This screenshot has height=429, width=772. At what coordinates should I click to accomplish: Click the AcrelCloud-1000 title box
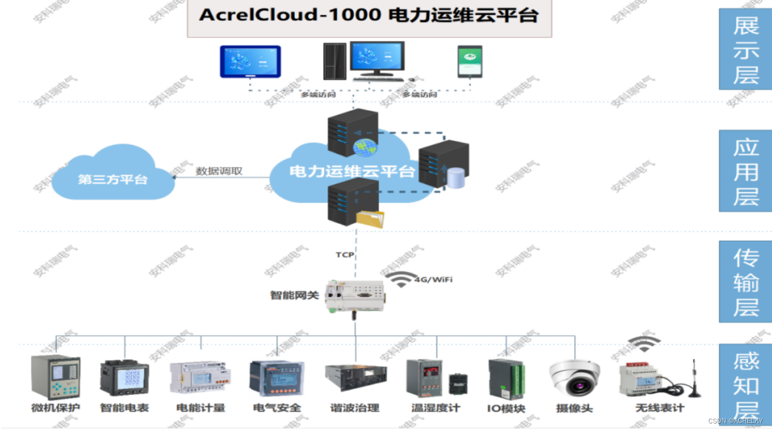click(369, 17)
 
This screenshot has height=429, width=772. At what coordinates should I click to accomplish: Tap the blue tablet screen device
click(250, 61)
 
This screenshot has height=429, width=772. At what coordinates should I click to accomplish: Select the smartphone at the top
click(470, 61)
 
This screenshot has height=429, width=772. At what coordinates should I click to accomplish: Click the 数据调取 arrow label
click(219, 171)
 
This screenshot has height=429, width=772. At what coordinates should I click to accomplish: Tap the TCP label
click(345, 255)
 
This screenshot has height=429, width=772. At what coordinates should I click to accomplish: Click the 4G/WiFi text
click(433, 280)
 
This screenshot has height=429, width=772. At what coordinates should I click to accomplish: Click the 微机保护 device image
click(56, 377)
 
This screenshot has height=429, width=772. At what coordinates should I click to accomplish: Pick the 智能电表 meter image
click(125, 377)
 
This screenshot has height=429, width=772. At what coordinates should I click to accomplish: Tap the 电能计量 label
click(201, 408)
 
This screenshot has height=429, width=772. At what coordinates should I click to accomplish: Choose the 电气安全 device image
click(277, 379)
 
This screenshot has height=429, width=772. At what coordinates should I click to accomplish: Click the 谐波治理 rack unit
click(356, 377)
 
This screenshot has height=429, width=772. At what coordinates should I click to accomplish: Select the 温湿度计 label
click(436, 408)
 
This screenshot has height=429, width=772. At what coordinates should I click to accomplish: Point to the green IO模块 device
click(506, 379)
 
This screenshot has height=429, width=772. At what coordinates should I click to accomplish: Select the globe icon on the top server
click(365, 148)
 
